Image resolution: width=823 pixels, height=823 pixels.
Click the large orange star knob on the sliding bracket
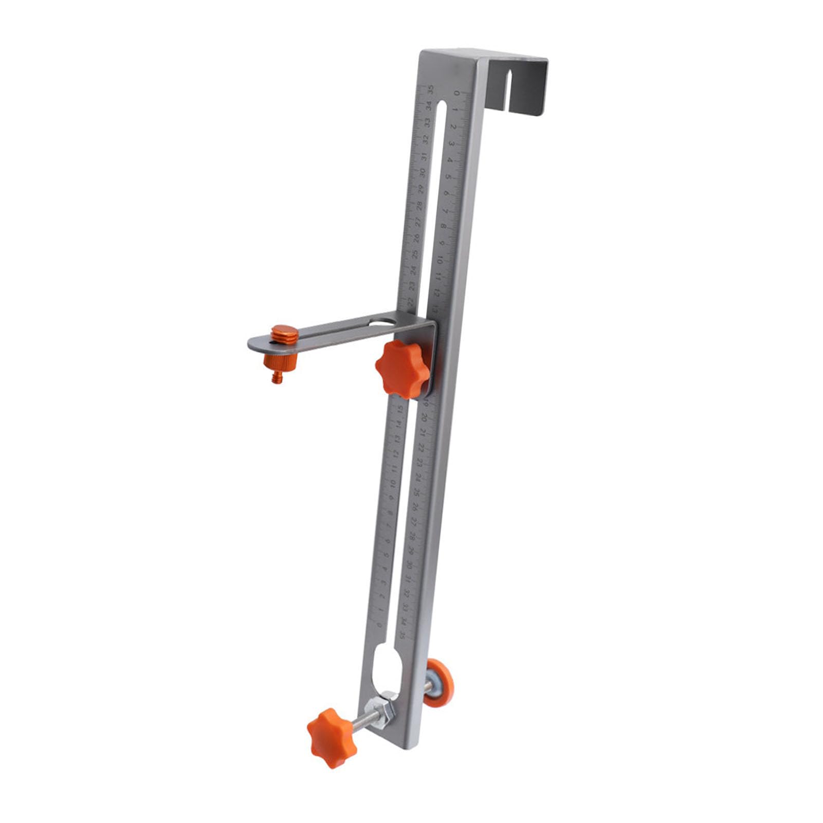(x=403, y=369)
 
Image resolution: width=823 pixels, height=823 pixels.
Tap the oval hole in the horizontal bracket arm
(x=381, y=323)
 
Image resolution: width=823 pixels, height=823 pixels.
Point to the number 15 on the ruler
(x=400, y=410)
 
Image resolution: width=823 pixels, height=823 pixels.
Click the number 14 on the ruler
(x=398, y=425)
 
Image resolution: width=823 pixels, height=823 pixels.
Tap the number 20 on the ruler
(x=424, y=417)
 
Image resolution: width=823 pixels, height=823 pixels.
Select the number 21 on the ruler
(x=423, y=432)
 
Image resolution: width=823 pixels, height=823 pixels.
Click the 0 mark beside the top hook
(x=457, y=94)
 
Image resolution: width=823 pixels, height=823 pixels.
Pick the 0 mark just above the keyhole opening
(x=379, y=624)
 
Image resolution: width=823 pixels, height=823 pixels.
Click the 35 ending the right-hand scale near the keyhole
(x=403, y=634)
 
